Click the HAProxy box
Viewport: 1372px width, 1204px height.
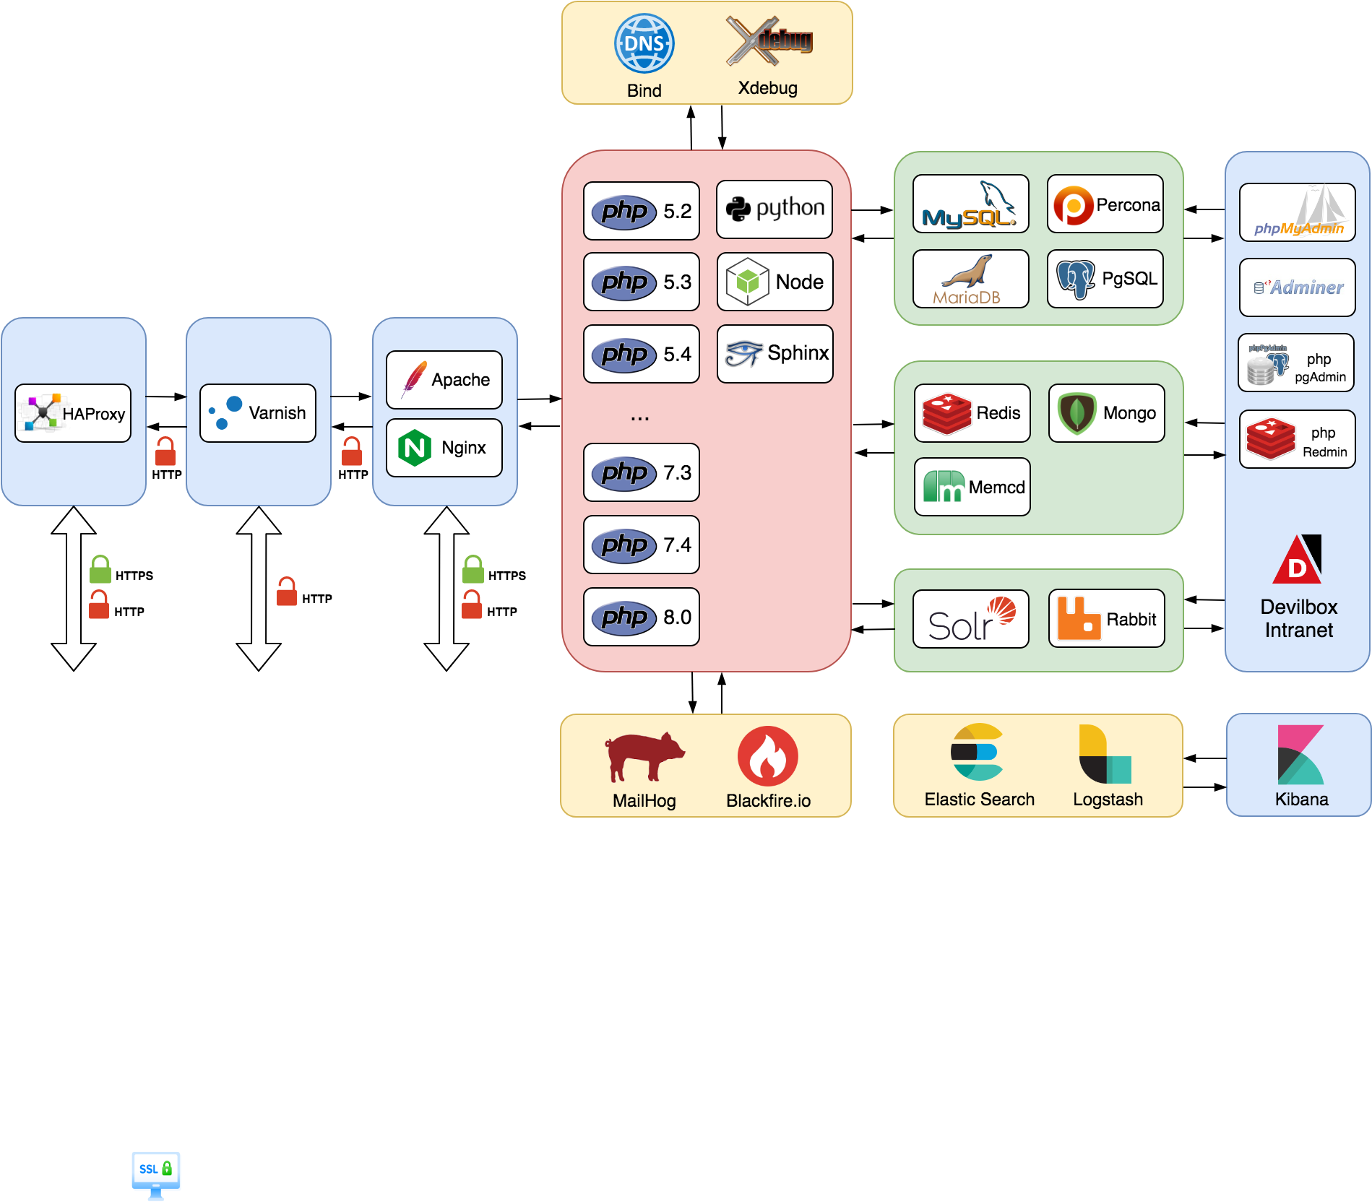73,413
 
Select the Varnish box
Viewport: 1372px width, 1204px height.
258,413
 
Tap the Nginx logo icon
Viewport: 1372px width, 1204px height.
415,448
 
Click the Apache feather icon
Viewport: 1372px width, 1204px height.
414,378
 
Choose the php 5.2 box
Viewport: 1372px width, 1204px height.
642,211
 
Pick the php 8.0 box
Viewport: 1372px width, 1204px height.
642,617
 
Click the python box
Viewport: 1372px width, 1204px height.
775,209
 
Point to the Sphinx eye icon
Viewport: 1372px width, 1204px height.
744,353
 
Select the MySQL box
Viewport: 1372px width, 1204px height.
971,204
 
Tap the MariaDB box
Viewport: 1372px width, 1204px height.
971,279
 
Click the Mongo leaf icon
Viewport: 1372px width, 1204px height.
1077,413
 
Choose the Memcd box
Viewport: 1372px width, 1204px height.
972,487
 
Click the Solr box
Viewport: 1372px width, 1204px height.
971,619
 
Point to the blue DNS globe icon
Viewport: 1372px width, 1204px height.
644,43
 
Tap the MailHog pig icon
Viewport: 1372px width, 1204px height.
644,756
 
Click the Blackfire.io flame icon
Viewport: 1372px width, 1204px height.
768,756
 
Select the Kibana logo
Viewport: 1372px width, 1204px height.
1300,755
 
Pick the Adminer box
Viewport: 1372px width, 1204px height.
1298,287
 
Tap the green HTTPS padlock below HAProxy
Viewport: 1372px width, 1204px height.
100,569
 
